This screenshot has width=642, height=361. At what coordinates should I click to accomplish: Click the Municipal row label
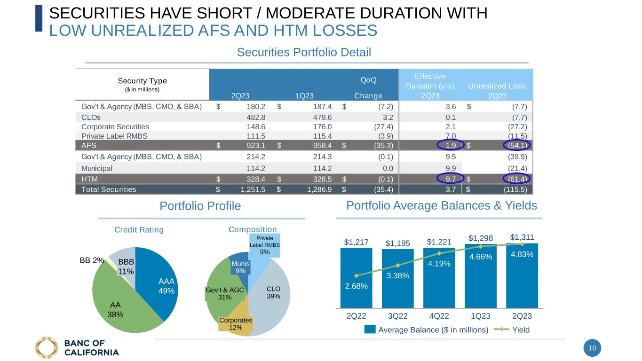pos(97,168)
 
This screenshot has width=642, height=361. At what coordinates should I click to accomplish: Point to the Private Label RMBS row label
pos(114,136)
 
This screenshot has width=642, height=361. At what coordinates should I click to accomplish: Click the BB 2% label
pos(92,260)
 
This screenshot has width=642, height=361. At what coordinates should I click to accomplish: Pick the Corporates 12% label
pos(236,323)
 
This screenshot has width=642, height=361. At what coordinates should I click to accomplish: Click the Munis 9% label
pos(240,267)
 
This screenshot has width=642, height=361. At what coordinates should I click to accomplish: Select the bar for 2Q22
pos(356,277)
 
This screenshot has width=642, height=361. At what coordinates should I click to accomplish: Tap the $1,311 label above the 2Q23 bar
pos(522,237)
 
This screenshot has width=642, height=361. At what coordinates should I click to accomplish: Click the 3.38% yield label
pos(397,275)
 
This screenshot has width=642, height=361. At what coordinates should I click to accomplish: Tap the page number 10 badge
pos(592,348)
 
